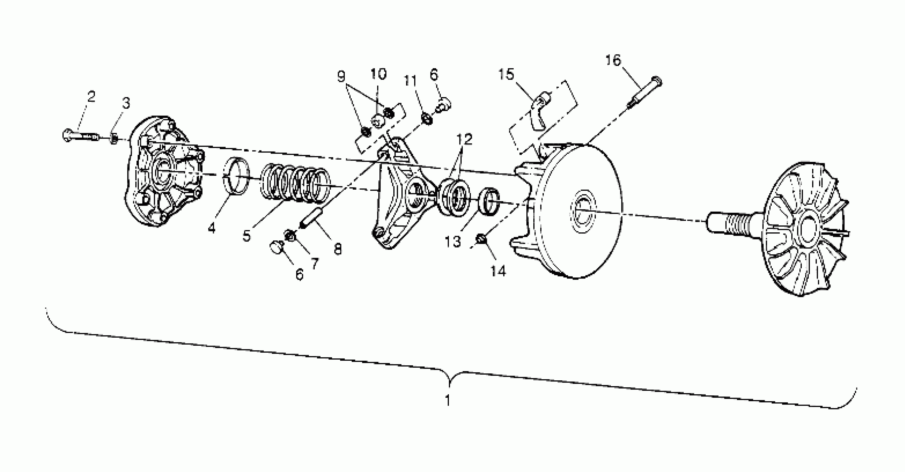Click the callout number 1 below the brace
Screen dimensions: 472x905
coord(448,400)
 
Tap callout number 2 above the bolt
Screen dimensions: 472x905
coord(91,96)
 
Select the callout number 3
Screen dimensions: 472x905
coord(126,103)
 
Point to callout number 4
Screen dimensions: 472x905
coord(211,228)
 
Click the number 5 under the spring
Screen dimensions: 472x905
coord(247,236)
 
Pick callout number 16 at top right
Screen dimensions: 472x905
coord(613,61)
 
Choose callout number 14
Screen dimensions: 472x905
coord(498,271)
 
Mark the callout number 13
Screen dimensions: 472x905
coord(452,242)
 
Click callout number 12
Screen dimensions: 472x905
coord(464,139)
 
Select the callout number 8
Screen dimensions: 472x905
coord(337,249)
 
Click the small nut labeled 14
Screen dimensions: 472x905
coord(481,240)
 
